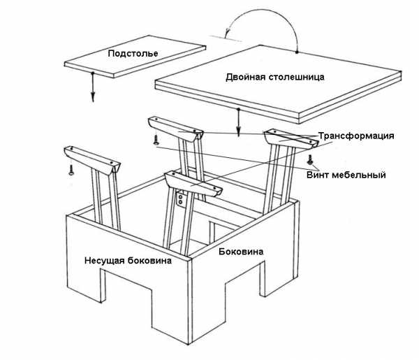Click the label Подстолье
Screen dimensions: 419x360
pos(133,54)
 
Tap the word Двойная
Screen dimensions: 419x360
pos(246,78)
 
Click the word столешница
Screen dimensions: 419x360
pos(296,78)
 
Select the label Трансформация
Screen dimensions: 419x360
pos(356,136)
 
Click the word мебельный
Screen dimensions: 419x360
pos(359,175)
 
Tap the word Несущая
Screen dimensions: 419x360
pos(105,261)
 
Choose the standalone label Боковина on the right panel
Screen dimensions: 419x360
pos(241,252)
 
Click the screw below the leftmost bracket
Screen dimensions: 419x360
pos(71,170)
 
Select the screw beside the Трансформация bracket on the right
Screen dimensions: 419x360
pos(310,159)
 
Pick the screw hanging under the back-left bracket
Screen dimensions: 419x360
pos(156,140)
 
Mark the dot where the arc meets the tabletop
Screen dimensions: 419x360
pos(297,52)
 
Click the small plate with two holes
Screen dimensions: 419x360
pos(181,199)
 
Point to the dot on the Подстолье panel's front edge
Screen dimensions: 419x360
pos(92,73)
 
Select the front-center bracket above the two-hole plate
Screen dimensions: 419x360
pos(193,184)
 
